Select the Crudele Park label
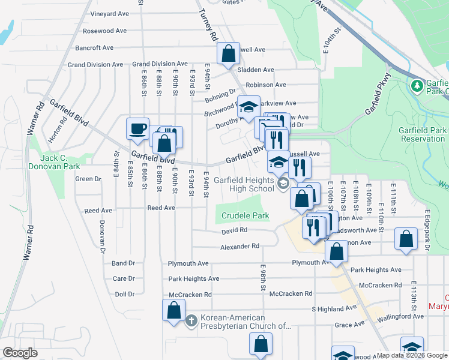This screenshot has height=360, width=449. click(x=245, y=215)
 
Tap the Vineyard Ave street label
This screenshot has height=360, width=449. click(x=109, y=14)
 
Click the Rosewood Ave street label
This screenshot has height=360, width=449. click(x=105, y=31)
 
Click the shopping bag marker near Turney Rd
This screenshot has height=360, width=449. click(x=229, y=53)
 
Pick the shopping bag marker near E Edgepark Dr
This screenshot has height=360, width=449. click(x=406, y=238)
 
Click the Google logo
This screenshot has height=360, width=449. click(x=20, y=353)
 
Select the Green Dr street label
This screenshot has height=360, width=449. click(x=88, y=179)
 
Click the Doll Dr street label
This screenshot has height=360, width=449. click(x=124, y=294)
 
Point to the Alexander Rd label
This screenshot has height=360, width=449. click(x=240, y=247)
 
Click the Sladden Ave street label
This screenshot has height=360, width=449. click(x=256, y=70)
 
